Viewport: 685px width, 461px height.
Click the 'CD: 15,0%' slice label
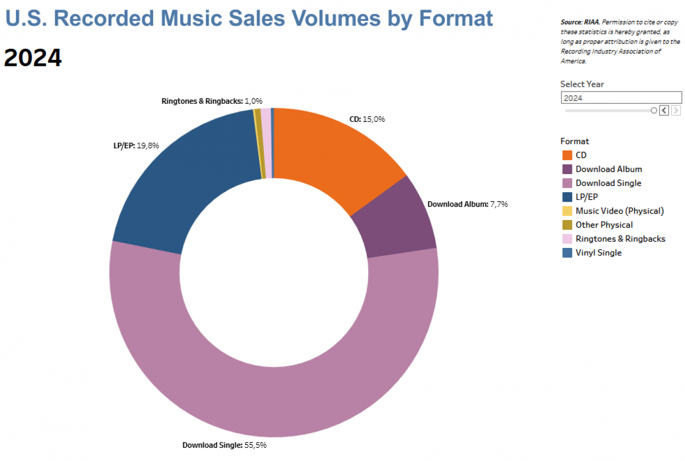click(367, 119)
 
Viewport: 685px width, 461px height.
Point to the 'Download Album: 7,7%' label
click(467, 204)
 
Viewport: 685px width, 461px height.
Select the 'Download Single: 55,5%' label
click(224, 445)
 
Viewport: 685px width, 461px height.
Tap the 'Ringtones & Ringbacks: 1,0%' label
click(212, 101)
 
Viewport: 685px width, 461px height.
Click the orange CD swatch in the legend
click(567, 155)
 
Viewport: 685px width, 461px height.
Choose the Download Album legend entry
click(608, 169)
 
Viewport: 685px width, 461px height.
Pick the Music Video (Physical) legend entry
click(619, 211)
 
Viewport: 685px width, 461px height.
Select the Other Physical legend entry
click(604, 225)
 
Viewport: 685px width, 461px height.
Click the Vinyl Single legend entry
click(598, 253)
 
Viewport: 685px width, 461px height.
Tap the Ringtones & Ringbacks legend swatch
click(567, 239)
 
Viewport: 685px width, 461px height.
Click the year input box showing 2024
click(621, 98)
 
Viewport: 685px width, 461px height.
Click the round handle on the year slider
click(653, 110)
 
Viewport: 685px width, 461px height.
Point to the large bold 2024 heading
click(33, 58)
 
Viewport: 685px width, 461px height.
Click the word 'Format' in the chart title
click(456, 18)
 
